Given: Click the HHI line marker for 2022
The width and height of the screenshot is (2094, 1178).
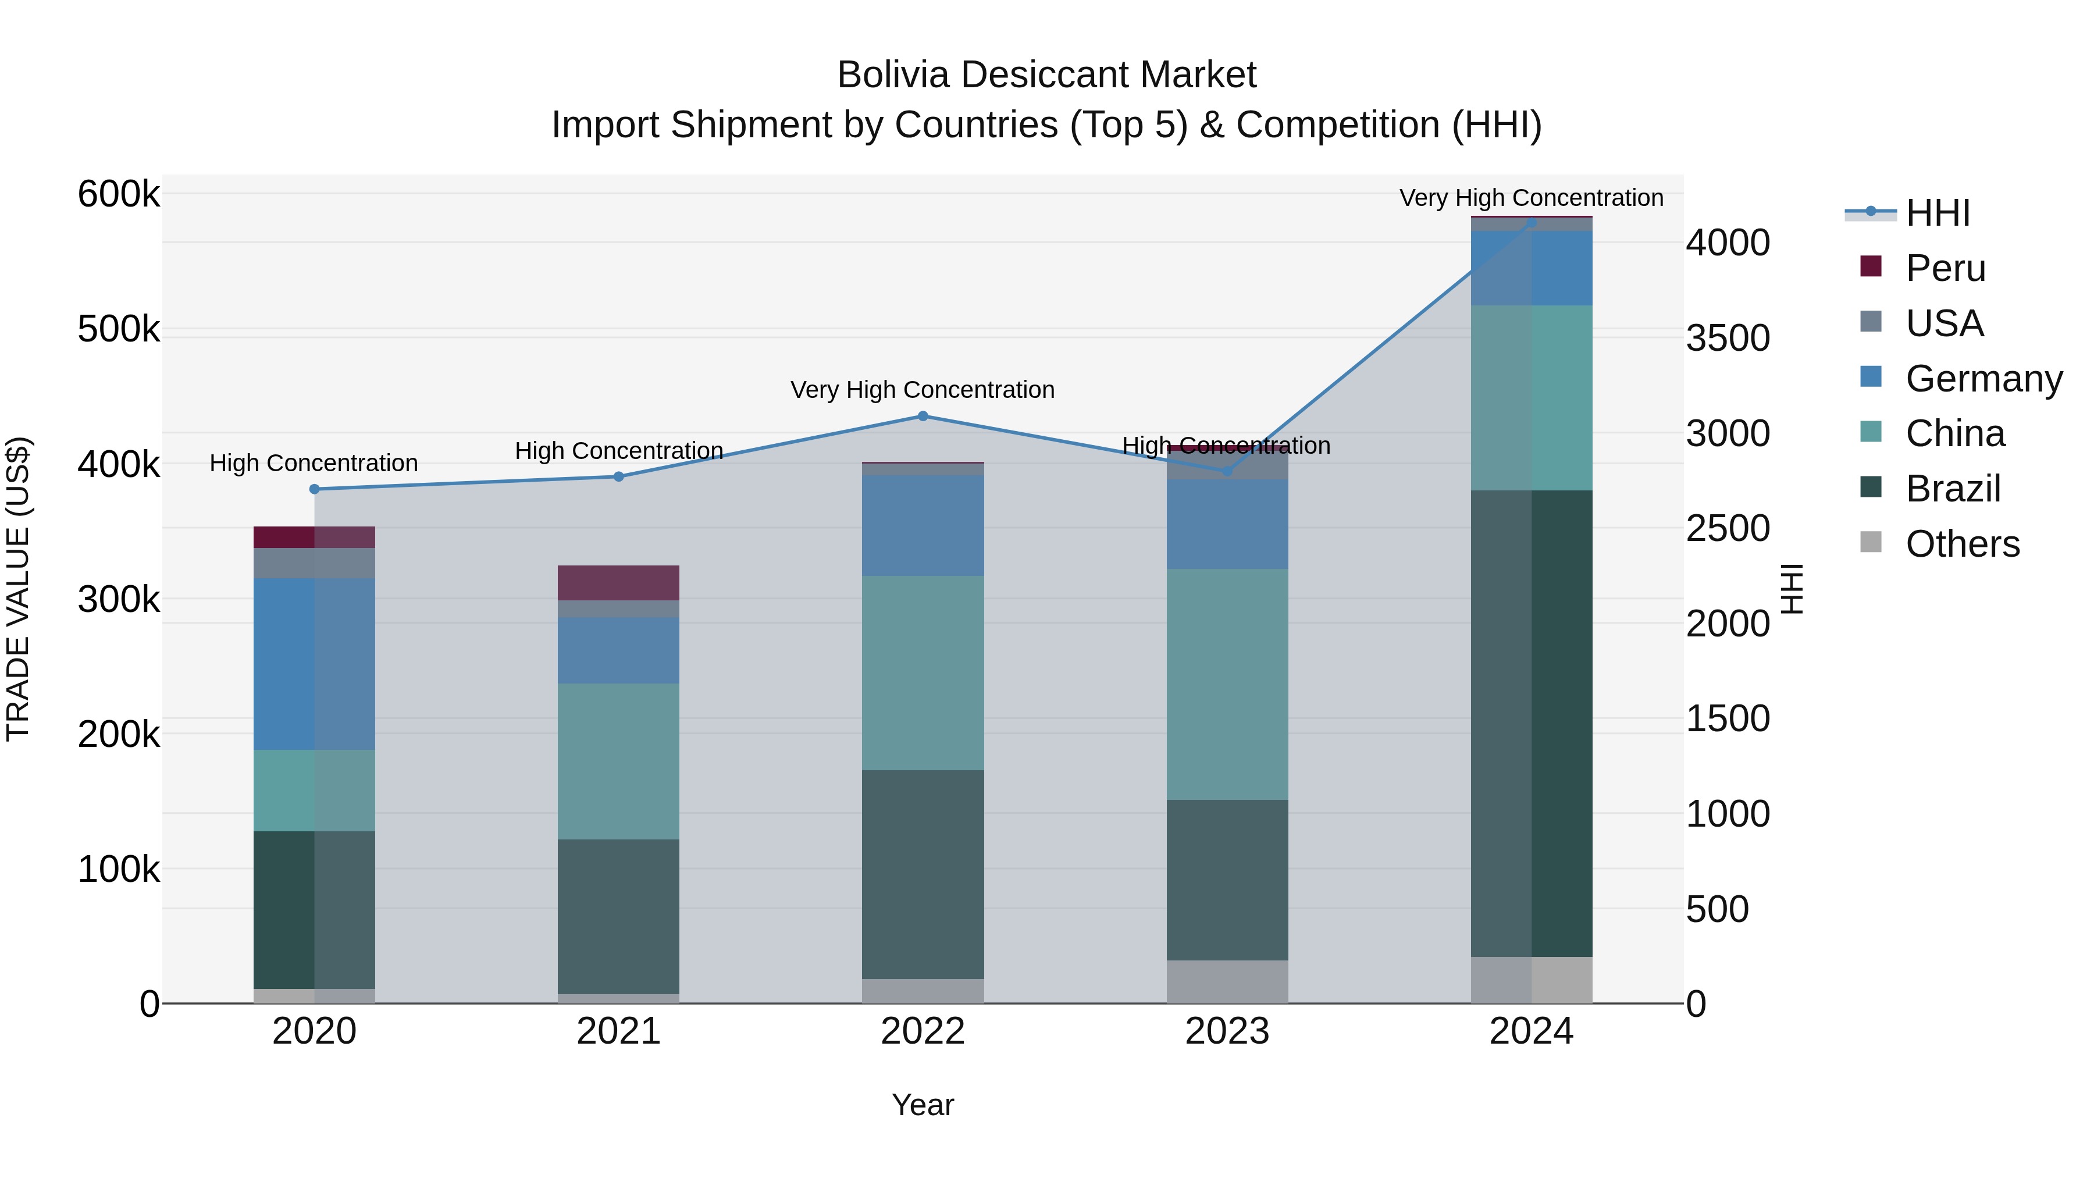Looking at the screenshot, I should (923, 417).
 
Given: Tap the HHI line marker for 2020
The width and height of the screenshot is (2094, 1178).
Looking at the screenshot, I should (315, 489).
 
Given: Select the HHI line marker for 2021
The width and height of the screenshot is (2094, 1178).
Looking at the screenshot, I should (619, 476).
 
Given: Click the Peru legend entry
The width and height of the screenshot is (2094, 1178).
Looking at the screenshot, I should (1945, 268).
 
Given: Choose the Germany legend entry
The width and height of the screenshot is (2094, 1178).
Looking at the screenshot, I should (1983, 379).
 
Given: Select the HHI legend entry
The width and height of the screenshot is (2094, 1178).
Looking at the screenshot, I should (1937, 213).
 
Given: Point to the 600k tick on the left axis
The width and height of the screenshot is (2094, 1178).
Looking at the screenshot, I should (119, 195).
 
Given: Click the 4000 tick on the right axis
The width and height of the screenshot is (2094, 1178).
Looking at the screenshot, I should (1728, 243).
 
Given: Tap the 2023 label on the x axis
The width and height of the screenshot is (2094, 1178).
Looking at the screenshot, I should (1227, 1031).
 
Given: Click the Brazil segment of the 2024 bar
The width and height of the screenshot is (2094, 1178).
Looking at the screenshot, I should (1532, 724).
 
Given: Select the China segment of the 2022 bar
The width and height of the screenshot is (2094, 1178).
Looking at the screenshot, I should (923, 673).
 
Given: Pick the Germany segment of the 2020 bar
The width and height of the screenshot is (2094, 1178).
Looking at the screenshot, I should (315, 664).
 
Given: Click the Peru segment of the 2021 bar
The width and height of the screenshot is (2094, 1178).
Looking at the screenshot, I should (619, 583).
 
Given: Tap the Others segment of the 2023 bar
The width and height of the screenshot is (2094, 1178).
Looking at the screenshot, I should (1227, 981).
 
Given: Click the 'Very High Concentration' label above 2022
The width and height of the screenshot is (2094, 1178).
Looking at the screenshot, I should (923, 390).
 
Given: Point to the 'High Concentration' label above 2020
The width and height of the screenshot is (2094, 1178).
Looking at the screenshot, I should (314, 464).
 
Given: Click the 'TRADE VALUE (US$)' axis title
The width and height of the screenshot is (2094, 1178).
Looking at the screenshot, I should (18, 589).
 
